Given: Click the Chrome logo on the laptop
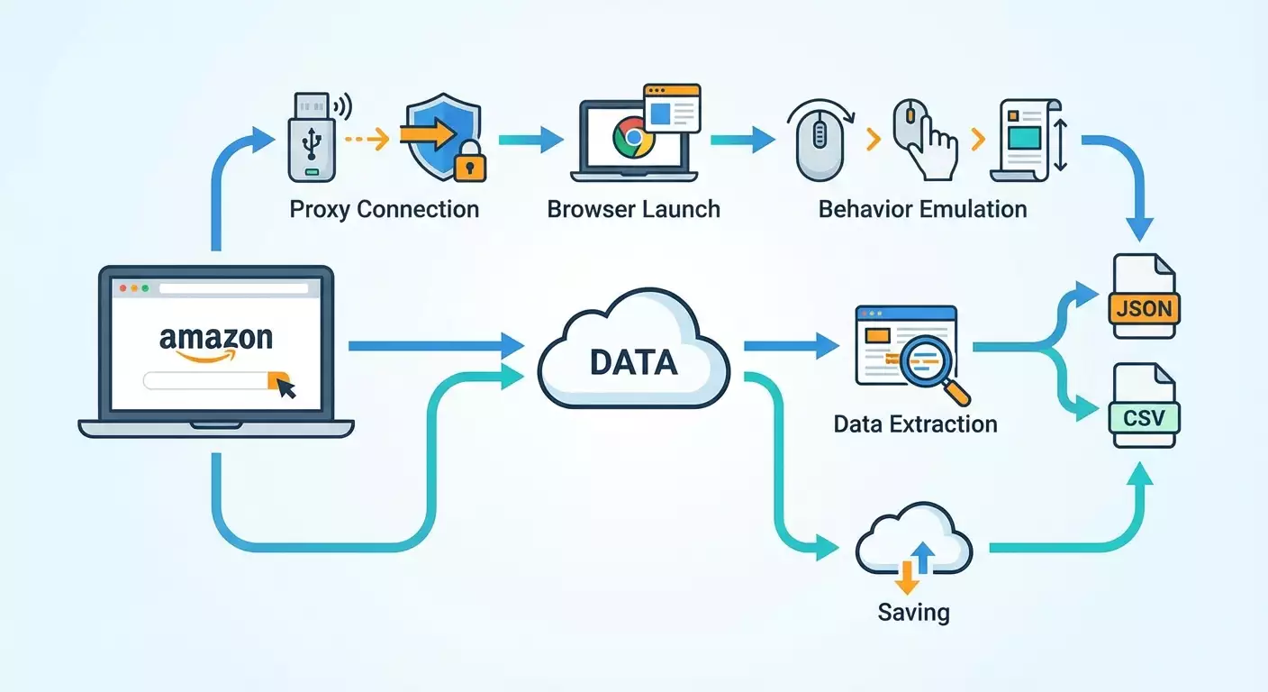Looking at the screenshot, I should click(x=632, y=138).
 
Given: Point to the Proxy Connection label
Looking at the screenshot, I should click(x=385, y=210).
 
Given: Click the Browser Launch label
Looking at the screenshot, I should click(x=634, y=210).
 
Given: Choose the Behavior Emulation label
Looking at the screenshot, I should click(x=922, y=210).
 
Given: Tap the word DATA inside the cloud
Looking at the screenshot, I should click(x=633, y=362).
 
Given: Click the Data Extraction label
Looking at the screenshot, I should click(x=915, y=424).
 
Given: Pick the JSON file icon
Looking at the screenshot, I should click(x=1144, y=296).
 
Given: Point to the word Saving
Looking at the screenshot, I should click(x=913, y=614).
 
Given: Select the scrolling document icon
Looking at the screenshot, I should click(x=1025, y=137).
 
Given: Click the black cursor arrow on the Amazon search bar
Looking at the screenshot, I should click(x=286, y=387).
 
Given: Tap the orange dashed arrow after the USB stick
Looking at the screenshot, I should click(x=367, y=139).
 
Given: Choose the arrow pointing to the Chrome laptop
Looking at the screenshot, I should click(x=540, y=139).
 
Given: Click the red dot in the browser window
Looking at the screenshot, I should click(x=122, y=288).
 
